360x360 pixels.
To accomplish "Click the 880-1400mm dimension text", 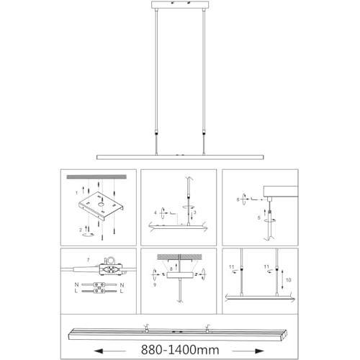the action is [180, 350].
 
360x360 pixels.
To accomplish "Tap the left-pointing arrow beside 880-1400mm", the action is [110, 351].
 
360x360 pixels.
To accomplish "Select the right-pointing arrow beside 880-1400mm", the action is [248, 351].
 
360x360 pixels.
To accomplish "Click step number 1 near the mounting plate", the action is [76, 193].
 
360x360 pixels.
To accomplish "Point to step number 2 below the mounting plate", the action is [81, 230].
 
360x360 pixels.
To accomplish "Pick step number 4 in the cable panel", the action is [156, 212].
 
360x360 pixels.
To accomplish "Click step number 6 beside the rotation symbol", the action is [238, 199].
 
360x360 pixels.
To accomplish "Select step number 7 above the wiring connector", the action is [88, 260].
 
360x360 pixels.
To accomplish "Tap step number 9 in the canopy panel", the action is [155, 284].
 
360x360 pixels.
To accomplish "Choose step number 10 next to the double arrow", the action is [289, 280].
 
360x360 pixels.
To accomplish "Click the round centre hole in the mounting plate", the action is [101, 204].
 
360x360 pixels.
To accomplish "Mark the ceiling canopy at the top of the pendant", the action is [180, 5].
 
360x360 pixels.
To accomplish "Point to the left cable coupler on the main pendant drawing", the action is [156, 132].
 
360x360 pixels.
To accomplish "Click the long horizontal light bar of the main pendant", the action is [180, 157].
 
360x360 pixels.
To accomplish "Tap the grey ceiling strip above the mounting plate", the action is [96, 177].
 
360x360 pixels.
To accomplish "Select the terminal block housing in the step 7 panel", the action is [110, 269].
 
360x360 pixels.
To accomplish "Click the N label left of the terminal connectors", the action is [76, 284].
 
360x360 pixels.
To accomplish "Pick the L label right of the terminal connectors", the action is [122, 291].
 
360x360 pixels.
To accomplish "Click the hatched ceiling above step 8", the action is [179, 257].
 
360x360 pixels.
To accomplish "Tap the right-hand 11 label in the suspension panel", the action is [266, 266].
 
